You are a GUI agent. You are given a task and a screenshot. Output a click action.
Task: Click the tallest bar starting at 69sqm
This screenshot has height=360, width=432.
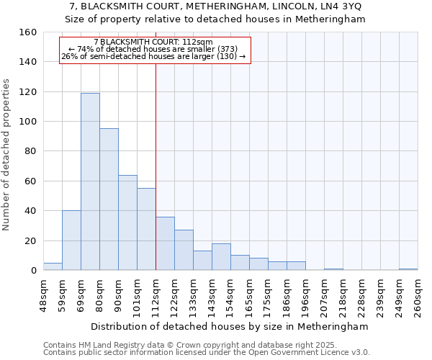[90, 181]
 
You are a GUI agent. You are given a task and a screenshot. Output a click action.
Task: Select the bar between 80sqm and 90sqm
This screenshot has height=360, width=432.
[109, 199]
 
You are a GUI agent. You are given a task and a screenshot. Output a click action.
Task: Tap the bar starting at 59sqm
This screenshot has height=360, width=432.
[71, 240]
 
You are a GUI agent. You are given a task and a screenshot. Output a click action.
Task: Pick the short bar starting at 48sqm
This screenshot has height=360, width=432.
[53, 266]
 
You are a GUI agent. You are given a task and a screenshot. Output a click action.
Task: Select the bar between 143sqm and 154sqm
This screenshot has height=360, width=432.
[221, 257]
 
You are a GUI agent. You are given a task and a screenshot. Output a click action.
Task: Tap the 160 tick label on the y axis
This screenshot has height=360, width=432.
[27, 32]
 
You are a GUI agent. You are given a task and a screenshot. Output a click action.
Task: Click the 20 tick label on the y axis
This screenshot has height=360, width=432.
[30, 240]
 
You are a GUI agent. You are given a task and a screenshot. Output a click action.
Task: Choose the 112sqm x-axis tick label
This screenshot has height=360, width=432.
[156, 297]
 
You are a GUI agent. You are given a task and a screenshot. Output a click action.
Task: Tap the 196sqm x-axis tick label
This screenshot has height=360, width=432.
[306, 297]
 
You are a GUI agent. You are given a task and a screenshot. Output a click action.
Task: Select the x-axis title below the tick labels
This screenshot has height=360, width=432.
[229, 326]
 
